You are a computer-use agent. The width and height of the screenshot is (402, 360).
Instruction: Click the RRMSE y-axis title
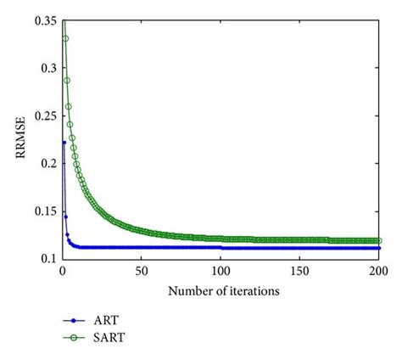tap(18, 138)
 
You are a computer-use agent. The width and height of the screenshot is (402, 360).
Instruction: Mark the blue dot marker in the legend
tap(75, 321)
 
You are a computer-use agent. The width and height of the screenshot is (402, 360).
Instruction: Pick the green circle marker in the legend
tap(75, 337)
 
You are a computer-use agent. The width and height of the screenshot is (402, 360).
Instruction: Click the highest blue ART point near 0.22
tap(64, 142)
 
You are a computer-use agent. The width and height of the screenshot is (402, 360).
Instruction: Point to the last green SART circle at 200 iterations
tap(378, 240)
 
